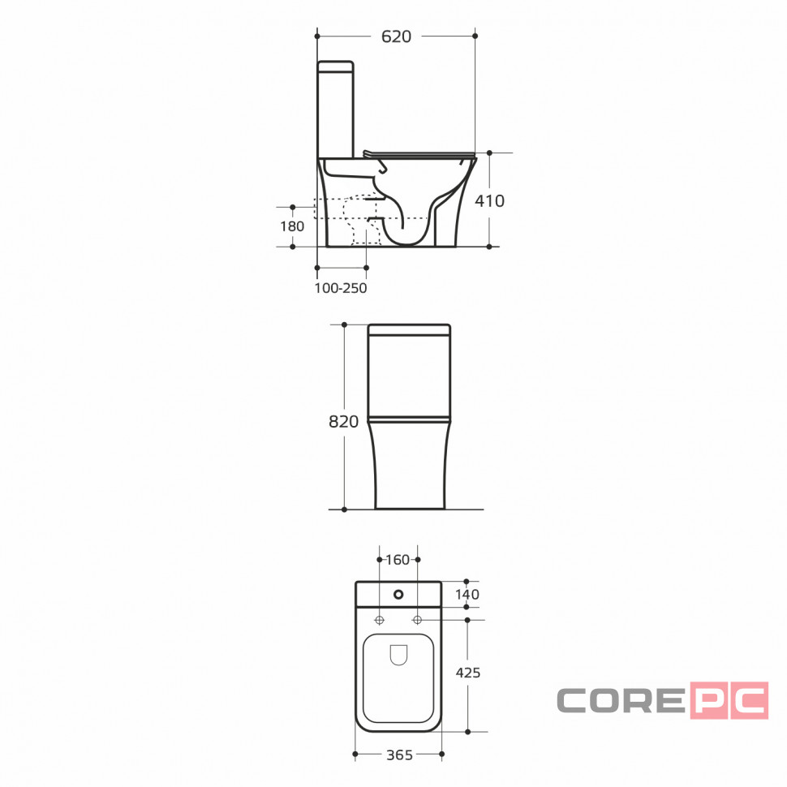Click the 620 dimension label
396,37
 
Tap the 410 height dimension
489,200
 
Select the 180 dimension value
292,226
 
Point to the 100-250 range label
341,288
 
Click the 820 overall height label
344,422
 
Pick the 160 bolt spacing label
398,560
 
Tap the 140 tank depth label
467,594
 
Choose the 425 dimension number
468,673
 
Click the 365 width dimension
399,755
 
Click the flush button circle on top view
398,595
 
